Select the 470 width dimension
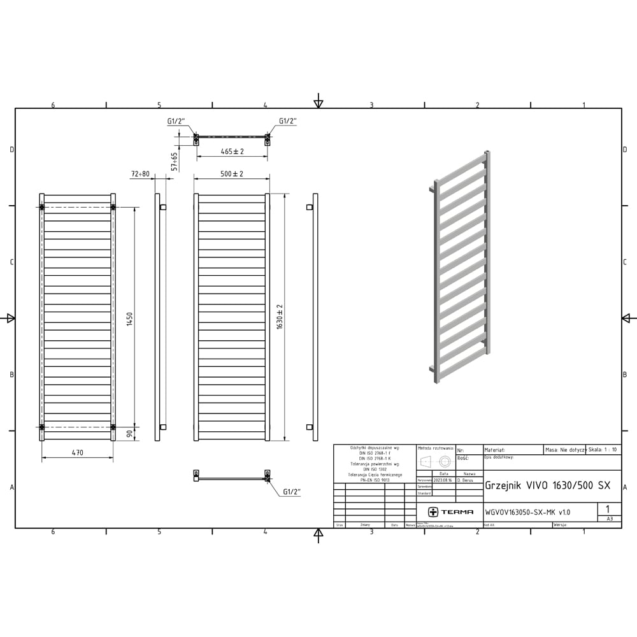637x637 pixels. [77, 453]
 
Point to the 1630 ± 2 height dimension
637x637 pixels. [280, 316]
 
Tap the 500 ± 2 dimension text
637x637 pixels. [232, 174]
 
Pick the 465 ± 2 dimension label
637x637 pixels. [233, 152]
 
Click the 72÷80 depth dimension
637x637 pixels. [140, 174]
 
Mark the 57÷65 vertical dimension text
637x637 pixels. [175, 162]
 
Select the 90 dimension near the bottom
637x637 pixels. [129, 434]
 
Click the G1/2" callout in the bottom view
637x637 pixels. [292, 492]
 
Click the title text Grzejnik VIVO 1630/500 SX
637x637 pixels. [547, 485]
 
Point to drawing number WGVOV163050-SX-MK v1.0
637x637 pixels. [527, 512]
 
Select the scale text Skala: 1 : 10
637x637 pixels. [603, 450]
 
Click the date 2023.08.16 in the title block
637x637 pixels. [443, 480]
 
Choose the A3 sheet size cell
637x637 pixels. [610, 519]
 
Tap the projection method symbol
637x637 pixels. [436, 462]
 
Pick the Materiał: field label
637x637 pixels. [495, 450]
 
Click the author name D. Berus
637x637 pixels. [469, 480]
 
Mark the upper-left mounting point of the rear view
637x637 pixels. [42, 207]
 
